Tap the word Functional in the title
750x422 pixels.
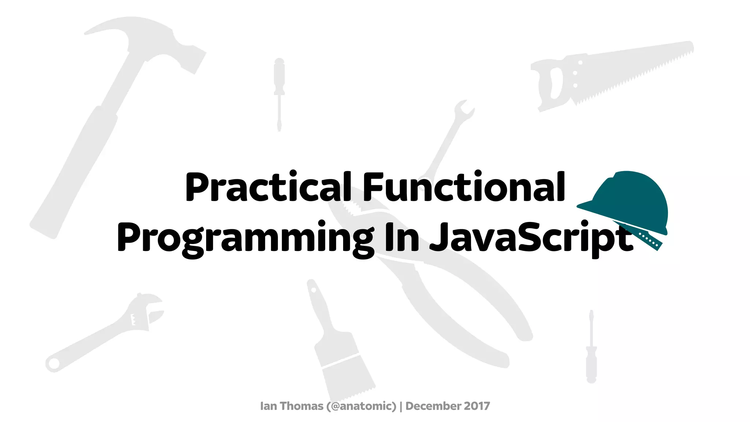tap(464, 188)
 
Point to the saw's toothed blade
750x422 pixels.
tap(637, 66)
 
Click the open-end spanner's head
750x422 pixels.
tap(463, 110)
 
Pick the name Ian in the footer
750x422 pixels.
tap(268, 406)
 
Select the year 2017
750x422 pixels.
tap(477, 406)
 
